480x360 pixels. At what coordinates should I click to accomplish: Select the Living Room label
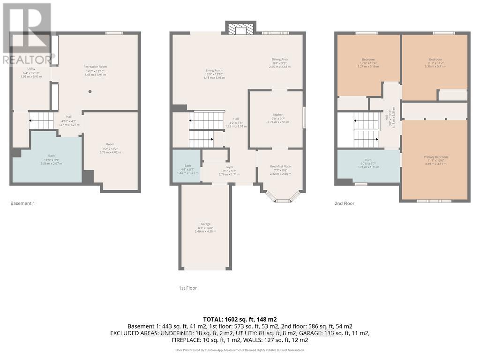pyautogui.click(x=214, y=70)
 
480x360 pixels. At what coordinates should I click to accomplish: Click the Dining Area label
pyautogui.click(x=280, y=60)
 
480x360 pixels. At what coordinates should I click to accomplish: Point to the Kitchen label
pyautogui.click(x=278, y=114)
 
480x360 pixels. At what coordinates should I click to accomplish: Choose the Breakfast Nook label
pyautogui.click(x=280, y=166)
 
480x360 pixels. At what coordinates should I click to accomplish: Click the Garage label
pyautogui.click(x=205, y=224)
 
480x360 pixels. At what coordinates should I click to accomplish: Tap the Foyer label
pyautogui.click(x=229, y=167)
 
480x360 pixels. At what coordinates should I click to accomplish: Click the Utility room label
pyautogui.click(x=31, y=69)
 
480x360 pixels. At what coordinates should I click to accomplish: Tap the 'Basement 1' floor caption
pyautogui.click(x=22, y=203)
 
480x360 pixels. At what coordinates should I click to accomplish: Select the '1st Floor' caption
pyautogui.click(x=187, y=288)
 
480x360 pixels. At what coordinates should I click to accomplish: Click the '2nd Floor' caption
pyautogui.click(x=344, y=203)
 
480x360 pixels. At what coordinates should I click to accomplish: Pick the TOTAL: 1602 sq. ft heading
pyautogui.click(x=240, y=318)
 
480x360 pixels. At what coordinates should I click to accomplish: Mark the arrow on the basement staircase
pyautogui.click(x=31, y=120)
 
